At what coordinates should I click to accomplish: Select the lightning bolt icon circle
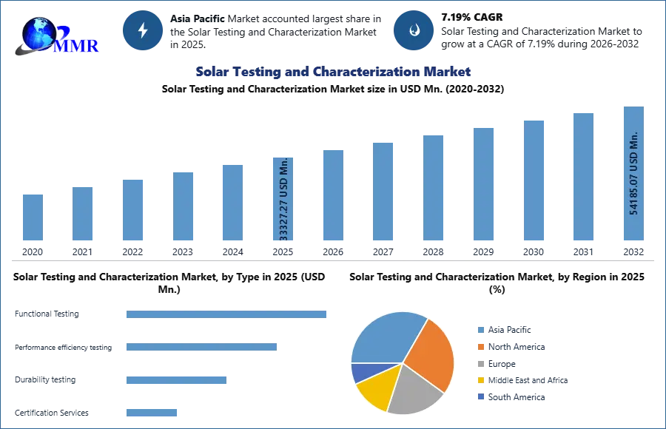[x=143, y=30]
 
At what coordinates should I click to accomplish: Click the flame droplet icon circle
[x=414, y=30]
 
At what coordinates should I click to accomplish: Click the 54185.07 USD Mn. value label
[x=633, y=174]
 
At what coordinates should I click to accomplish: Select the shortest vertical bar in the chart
[x=33, y=216]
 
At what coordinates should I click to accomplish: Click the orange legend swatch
[x=480, y=348]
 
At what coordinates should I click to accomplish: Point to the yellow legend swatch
[x=480, y=380]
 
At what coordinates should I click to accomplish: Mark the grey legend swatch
[x=480, y=364]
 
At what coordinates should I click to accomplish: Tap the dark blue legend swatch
[x=480, y=397]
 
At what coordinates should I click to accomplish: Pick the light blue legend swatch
[x=480, y=331]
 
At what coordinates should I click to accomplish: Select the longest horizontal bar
[x=227, y=314]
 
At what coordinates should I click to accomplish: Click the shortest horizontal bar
[x=151, y=414]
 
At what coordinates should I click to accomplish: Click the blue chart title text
[x=334, y=72]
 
